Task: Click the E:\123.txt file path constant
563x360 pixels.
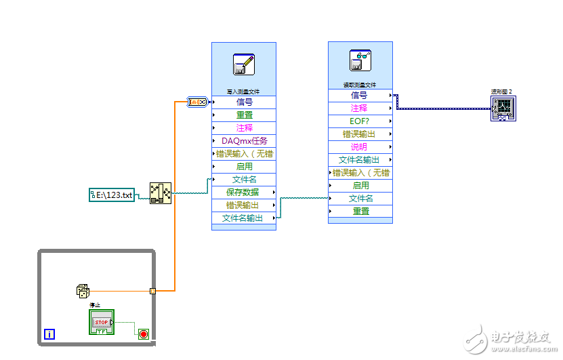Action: (x=112, y=195)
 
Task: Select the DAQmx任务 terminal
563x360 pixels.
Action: (x=244, y=141)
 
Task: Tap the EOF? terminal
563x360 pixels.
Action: (x=360, y=121)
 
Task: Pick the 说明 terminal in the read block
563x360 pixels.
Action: (x=360, y=147)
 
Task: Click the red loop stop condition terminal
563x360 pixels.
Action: (x=144, y=334)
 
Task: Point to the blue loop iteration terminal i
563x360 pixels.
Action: (x=49, y=334)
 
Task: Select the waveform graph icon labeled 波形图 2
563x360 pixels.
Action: (x=503, y=108)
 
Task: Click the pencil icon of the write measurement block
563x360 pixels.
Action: (x=243, y=64)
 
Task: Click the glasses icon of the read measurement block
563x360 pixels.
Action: (x=360, y=61)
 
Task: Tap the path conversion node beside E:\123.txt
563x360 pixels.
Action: (x=160, y=193)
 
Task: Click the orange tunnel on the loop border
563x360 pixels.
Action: (x=153, y=291)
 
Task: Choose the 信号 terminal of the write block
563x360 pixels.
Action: (x=244, y=102)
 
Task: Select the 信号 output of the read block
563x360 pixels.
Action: (x=360, y=96)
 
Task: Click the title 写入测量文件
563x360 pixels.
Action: (x=243, y=92)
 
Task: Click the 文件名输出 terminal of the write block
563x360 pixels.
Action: (x=244, y=218)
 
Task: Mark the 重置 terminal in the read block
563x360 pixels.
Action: (x=360, y=211)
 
